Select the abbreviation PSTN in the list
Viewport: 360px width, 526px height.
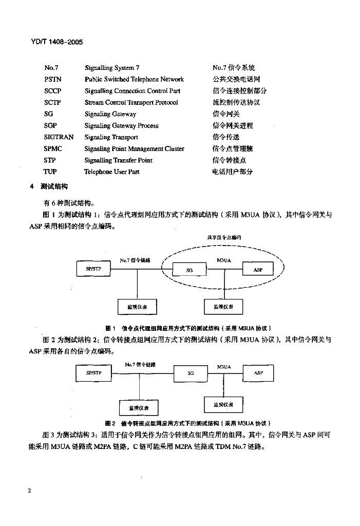[52, 79]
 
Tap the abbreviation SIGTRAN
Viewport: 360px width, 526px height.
[59, 137]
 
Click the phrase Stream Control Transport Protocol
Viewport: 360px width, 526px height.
[131, 102]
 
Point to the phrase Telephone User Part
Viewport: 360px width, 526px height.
[111, 172]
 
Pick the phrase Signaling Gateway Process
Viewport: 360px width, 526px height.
[121, 125]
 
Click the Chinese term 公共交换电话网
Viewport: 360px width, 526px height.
[236, 79]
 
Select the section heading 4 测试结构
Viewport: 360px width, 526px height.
[50, 186]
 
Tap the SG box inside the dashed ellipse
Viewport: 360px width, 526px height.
[189, 270]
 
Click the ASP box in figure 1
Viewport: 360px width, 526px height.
[258, 270]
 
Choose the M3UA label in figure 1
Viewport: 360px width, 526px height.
[224, 260]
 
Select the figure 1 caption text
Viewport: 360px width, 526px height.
[188, 328]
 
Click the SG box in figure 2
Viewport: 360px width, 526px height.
[191, 373]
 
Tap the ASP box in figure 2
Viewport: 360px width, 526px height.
[258, 373]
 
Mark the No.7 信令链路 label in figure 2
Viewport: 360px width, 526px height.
[140, 365]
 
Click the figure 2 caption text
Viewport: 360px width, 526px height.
[188, 423]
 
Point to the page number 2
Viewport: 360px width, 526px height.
[30, 491]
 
